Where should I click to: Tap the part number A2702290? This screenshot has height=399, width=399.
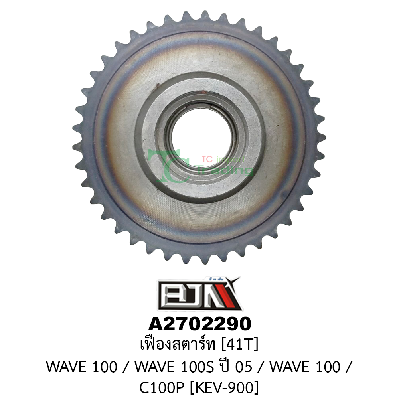pos(199,324)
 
